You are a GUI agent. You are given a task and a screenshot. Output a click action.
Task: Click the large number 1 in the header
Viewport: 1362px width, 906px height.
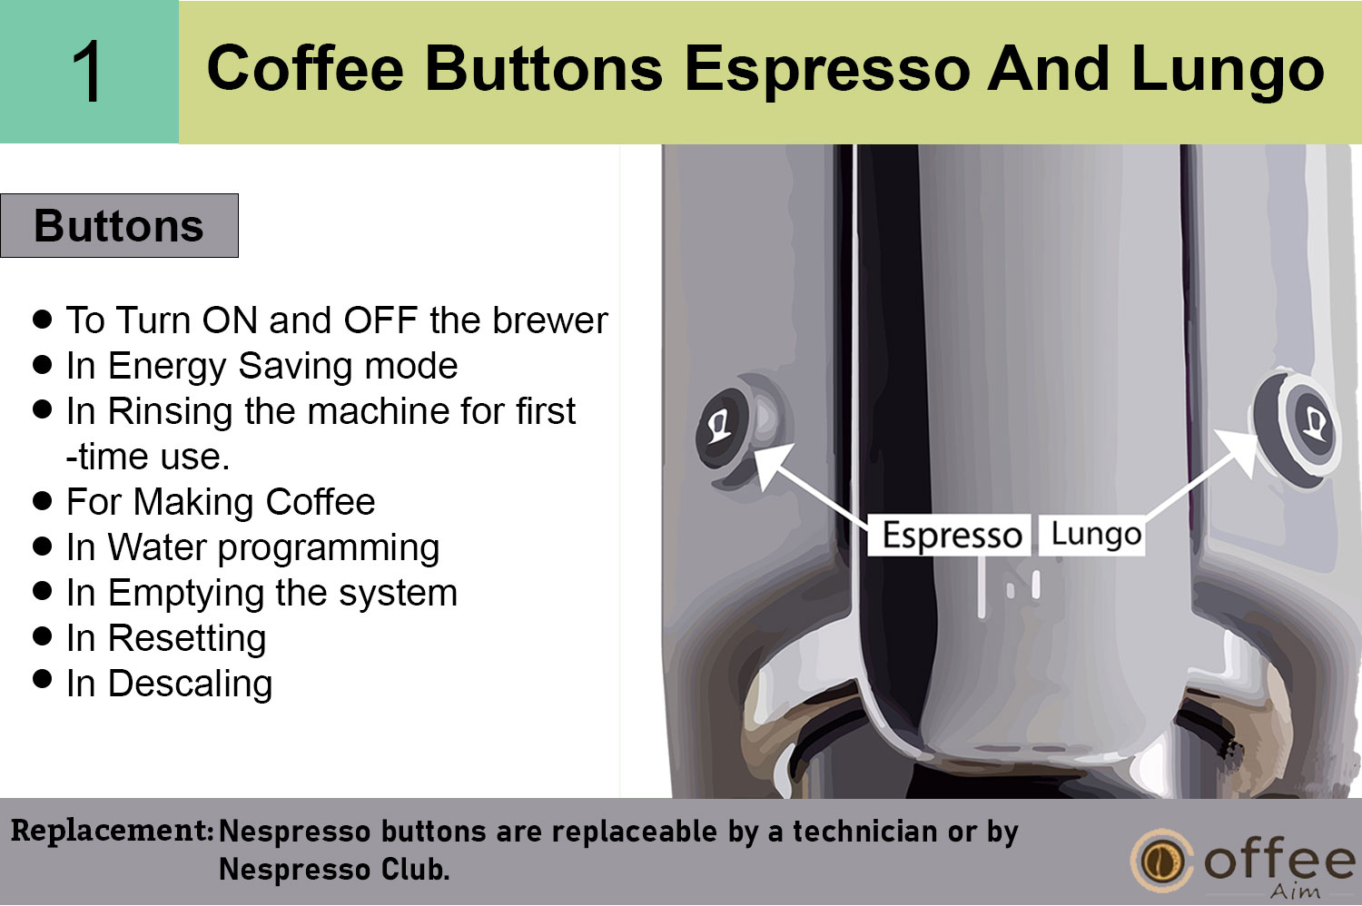coord(87,72)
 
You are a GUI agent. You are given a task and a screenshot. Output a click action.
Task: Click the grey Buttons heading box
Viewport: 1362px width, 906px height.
coord(119,225)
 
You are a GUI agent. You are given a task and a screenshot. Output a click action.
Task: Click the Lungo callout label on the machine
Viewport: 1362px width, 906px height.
coord(1092,535)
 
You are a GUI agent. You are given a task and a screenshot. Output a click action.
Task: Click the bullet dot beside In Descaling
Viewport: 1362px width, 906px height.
coord(42,679)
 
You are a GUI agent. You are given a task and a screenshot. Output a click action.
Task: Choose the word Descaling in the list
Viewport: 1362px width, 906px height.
coord(190,684)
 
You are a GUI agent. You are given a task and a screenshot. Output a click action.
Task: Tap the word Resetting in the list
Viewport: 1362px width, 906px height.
coord(187,639)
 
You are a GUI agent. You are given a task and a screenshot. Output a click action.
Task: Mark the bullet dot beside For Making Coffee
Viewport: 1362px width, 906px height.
coord(42,500)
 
